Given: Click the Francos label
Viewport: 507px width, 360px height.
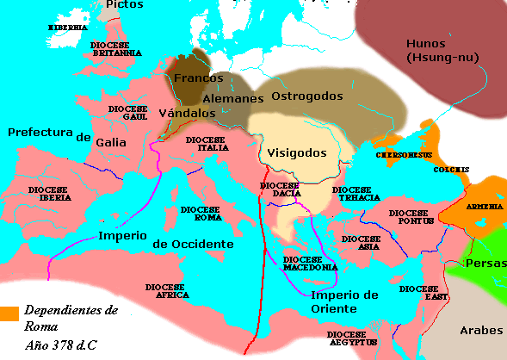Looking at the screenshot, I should click(198, 78).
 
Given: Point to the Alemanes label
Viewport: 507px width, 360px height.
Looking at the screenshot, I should click(232, 99).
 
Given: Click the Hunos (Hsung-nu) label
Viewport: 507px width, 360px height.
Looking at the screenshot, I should click(436, 51).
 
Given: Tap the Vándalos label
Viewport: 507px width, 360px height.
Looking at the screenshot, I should click(187, 113).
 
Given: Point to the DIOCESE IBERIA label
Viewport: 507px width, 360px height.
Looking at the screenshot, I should click(49, 193).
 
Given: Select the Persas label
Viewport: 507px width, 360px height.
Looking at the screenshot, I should click(484, 264).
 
